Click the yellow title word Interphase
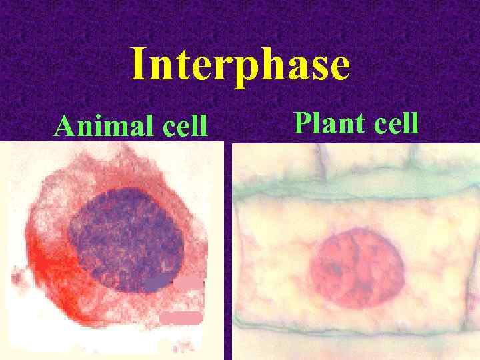[240, 65]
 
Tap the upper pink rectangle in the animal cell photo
[188, 283]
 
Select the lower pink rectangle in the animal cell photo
[181, 317]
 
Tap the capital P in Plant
[302, 123]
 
